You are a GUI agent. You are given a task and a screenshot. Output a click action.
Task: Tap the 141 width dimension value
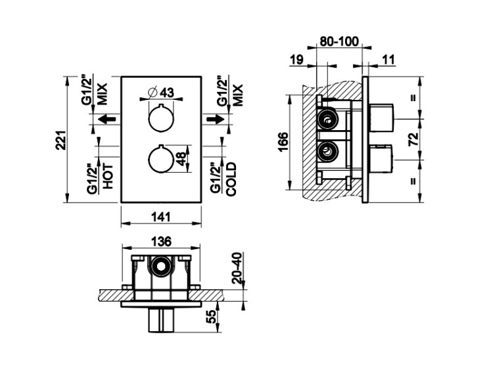point(161,217)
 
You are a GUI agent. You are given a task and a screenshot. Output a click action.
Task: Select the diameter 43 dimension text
point(160,92)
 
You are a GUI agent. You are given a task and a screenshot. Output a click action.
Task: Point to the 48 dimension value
point(181,159)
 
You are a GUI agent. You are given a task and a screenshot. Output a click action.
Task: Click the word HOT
point(108,176)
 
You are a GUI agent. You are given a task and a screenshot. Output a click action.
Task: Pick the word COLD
point(231,179)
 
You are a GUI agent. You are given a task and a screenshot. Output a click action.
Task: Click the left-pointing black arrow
point(106,120)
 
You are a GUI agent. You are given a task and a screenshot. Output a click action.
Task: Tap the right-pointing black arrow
point(216,120)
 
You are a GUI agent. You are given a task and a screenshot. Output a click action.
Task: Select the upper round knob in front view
point(160,118)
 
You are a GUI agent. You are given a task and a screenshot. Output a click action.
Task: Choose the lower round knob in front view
point(160,159)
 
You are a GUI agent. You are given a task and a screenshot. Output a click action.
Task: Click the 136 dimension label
point(162,241)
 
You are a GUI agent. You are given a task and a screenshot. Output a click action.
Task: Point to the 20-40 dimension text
point(237,268)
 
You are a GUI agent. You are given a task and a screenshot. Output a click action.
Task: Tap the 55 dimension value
point(212,317)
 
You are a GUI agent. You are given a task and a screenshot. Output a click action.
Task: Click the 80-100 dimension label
point(339,41)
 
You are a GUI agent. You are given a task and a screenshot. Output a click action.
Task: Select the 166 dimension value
point(283,142)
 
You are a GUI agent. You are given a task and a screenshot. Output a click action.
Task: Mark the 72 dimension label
point(413,139)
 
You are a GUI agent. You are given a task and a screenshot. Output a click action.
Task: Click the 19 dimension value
point(297,59)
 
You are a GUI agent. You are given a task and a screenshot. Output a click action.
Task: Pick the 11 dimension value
point(388,59)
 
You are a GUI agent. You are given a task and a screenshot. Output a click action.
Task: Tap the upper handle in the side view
point(381,118)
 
